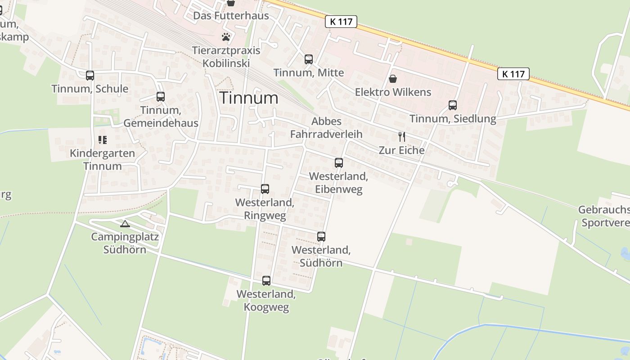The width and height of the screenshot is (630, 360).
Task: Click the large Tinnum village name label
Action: pyautogui.click(x=249, y=98)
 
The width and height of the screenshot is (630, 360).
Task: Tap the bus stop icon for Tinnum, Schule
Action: pyautogui.click(x=90, y=75)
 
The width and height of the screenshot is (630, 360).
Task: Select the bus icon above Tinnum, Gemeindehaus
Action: pyautogui.click(x=160, y=96)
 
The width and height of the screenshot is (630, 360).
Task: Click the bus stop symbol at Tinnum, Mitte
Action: pyautogui.click(x=308, y=59)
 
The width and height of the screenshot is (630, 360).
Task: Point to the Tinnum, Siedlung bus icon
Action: pyautogui.click(x=452, y=105)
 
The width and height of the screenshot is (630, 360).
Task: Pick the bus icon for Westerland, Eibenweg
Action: pyautogui.click(x=338, y=163)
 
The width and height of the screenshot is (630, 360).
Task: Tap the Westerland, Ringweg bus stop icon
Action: pyautogui.click(x=265, y=189)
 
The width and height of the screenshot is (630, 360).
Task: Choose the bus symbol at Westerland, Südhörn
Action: pyautogui.click(x=321, y=236)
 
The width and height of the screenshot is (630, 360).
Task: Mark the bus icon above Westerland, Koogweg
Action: pyautogui.click(x=266, y=281)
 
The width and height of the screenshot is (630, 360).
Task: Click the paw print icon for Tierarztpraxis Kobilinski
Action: pyautogui.click(x=226, y=36)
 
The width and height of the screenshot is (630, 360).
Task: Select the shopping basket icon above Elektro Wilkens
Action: pyautogui.click(x=393, y=79)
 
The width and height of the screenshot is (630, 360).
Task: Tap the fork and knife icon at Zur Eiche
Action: pyautogui.click(x=401, y=136)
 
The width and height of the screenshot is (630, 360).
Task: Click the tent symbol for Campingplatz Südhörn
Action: pyautogui.click(x=125, y=224)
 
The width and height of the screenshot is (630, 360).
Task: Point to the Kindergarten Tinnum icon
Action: pyautogui.click(x=102, y=140)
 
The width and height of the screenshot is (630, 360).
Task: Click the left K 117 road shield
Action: pyautogui.click(x=341, y=21)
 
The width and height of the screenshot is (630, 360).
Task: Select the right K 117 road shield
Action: pyautogui.click(x=513, y=74)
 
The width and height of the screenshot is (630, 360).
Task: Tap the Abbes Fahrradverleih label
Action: pyautogui.click(x=326, y=127)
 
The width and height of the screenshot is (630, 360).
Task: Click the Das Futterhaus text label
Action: pyautogui.click(x=231, y=16)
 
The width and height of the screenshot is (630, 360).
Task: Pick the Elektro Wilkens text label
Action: pyautogui.click(x=393, y=92)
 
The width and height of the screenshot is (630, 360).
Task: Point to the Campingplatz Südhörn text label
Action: pyautogui.click(x=125, y=243)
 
